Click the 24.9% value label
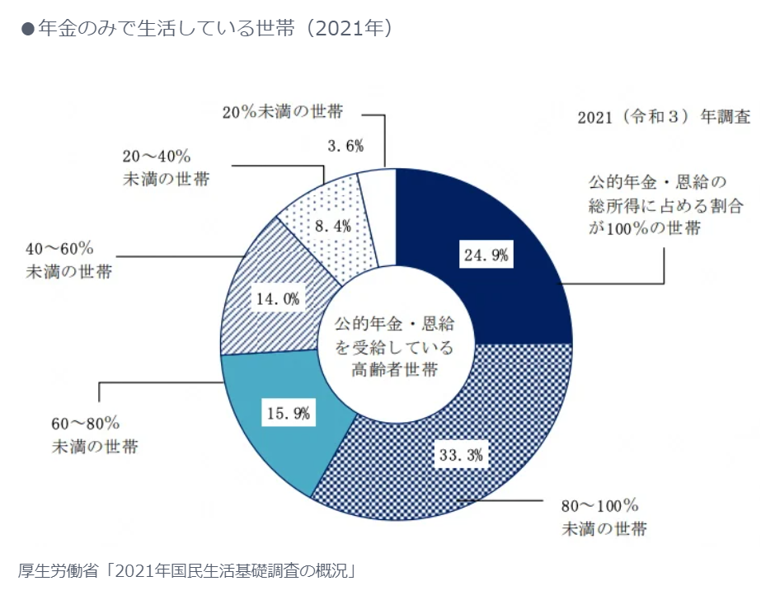[x=485, y=255]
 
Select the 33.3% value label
[x=460, y=453]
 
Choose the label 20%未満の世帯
[x=282, y=111]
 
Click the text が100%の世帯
[x=644, y=227]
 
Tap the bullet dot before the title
[x=26, y=29]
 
